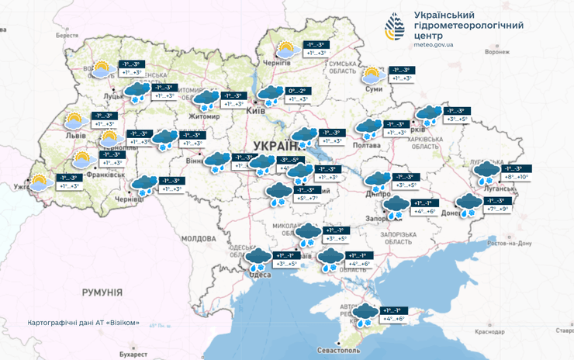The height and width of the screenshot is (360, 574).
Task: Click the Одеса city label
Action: (258, 273)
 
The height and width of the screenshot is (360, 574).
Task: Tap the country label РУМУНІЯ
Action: (102, 292)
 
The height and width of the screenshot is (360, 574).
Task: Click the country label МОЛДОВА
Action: (198, 239)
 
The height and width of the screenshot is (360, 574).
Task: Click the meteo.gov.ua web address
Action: (443, 45)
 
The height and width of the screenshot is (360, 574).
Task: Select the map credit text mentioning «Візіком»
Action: (83, 323)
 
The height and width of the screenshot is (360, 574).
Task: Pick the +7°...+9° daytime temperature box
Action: (497, 209)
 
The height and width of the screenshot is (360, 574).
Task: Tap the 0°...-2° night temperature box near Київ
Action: (298, 91)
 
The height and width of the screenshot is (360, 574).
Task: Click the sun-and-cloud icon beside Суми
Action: (372, 75)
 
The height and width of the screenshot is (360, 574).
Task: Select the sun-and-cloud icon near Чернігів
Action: (286, 50)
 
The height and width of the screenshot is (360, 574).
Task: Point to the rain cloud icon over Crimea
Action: (365, 313)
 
